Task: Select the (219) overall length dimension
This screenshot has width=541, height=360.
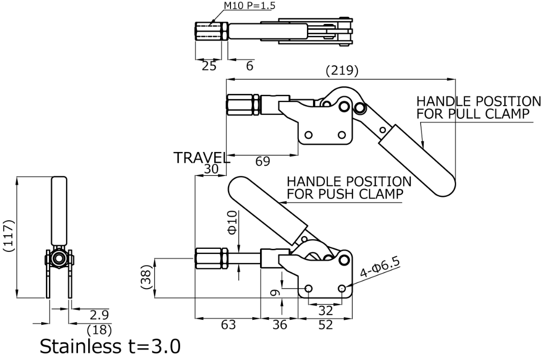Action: click(341, 71)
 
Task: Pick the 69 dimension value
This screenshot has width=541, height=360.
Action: click(263, 162)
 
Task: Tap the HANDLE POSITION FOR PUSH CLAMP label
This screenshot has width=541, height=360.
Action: click(349, 188)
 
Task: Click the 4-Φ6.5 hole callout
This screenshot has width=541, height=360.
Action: click(381, 269)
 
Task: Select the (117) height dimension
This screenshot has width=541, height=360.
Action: click(9, 237)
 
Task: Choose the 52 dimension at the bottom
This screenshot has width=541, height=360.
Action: click(324, 325)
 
